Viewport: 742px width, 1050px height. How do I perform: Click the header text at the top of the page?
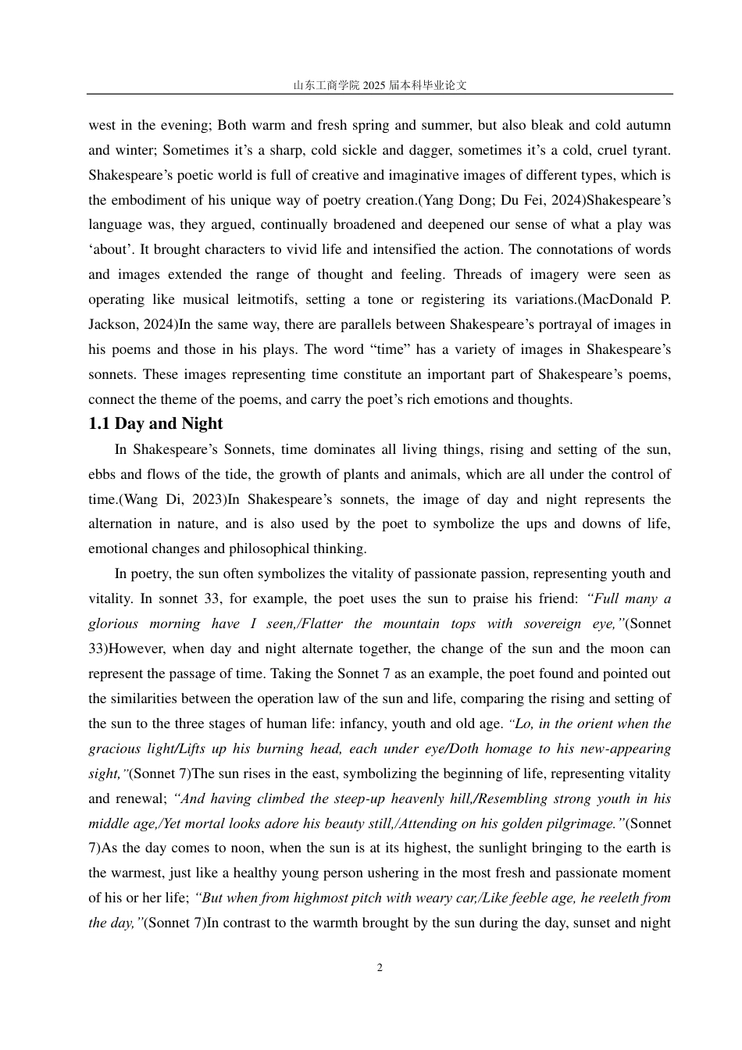[380, 85]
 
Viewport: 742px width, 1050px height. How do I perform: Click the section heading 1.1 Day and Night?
[155, 424]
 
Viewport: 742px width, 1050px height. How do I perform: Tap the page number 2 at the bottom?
[380, 968]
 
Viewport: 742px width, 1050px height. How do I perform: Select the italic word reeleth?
[607, 898]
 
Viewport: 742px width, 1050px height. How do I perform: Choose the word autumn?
[647, 125]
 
